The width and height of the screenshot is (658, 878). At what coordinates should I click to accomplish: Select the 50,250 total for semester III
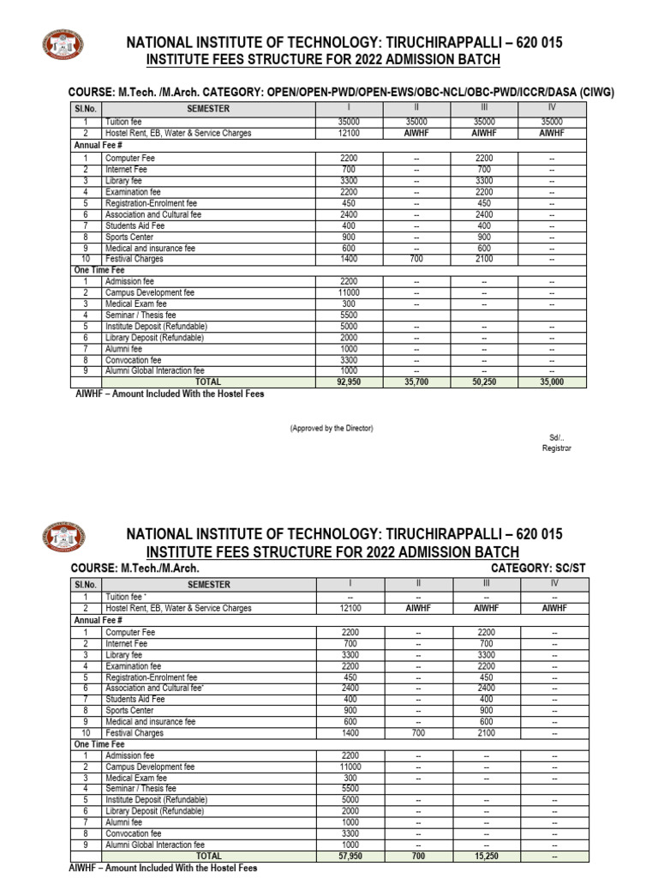[x=484, y=382]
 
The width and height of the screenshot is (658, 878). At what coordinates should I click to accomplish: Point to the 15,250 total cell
[x=484, y=856]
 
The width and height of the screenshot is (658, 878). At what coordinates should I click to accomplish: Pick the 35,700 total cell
[x=416, y=382]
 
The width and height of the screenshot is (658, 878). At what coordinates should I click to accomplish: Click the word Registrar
[x=556, y=448]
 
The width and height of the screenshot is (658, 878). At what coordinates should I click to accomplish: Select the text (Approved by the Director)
[x=331, y=428]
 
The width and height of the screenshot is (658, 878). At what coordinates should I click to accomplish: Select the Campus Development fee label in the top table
[x=150, y=292]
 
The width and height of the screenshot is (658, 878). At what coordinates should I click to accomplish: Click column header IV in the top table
[x=553, y=107]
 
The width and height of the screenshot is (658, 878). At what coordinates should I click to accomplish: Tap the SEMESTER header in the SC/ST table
[x=208, y=585]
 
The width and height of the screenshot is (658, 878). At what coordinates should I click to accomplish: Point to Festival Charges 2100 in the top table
[x=484, y=258]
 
